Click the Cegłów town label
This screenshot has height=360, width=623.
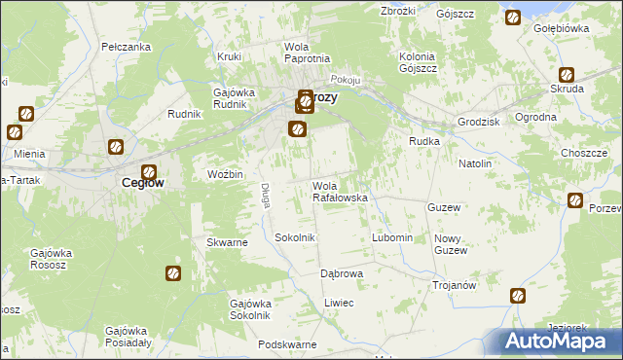[x=141, y=182]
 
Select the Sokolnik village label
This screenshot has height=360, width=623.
[x=294, y=237]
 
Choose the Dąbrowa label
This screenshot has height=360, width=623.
[x=342, y=273]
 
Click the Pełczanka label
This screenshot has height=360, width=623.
[x=126, y=47]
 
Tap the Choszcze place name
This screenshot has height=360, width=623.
[x=584, y=154]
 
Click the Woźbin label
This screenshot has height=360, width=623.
[x=226, y=174]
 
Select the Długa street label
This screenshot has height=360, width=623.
[x=264, y=196]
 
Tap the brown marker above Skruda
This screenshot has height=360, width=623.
[x=566, y=74]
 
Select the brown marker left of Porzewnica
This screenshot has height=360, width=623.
[x=574, y=201]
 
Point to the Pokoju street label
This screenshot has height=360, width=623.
[x=346, y=80]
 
